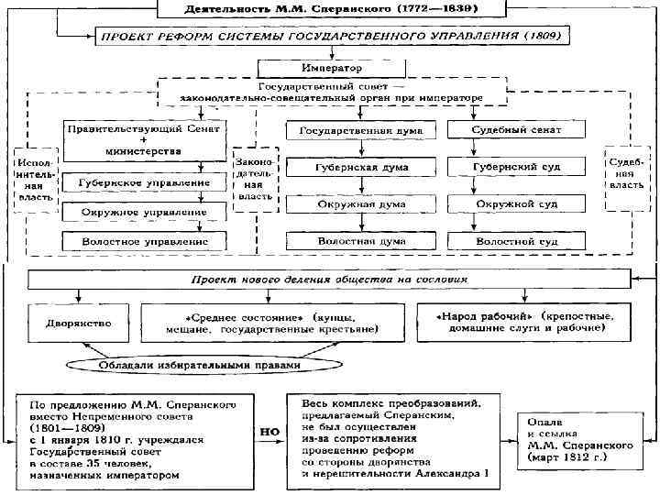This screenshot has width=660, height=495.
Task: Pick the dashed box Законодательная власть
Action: click(x=254, y=178)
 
